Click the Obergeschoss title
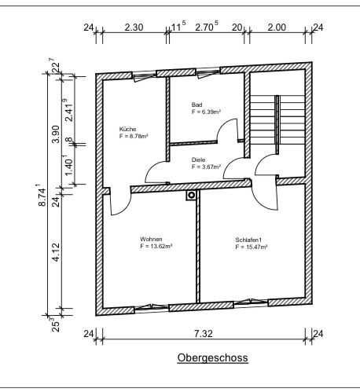click(212, 357)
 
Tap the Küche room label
click(127, 129)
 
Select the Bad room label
click(197, 104)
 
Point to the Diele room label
click(198, 159)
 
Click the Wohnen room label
click(151, 239)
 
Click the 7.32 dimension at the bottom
click(204, 334)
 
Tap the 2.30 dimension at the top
click(134, 27)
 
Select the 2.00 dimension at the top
click(277, 27)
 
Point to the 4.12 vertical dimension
click(56, 252)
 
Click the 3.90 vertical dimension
click(56, 134)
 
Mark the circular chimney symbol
click(192, 195)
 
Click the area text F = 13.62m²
click(156, 246)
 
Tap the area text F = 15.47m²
click(252, 247)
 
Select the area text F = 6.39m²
click(206, 112)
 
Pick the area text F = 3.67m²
click(206, 167)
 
